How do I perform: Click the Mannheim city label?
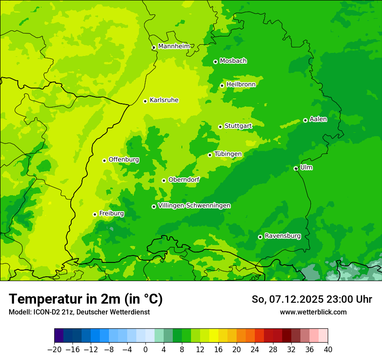174,46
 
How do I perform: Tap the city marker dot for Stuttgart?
220,127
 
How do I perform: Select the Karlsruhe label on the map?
164,100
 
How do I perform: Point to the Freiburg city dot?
95,214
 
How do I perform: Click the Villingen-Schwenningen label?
194,206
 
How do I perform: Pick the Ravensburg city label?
282,236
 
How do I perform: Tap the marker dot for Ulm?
296,168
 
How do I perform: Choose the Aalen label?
318,119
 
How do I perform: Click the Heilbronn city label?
241,85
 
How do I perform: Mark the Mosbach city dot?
215,62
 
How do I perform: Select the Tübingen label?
228,154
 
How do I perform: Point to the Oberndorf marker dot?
164,180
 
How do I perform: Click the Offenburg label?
124,160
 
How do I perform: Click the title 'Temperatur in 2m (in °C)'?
86,299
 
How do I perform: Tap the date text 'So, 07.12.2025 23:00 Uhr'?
312,299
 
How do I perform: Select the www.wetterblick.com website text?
313,312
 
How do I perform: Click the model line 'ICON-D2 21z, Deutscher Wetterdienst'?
79,312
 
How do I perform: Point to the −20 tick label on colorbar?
54,350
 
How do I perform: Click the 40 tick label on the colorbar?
328,350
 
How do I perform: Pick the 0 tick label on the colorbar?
145,350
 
